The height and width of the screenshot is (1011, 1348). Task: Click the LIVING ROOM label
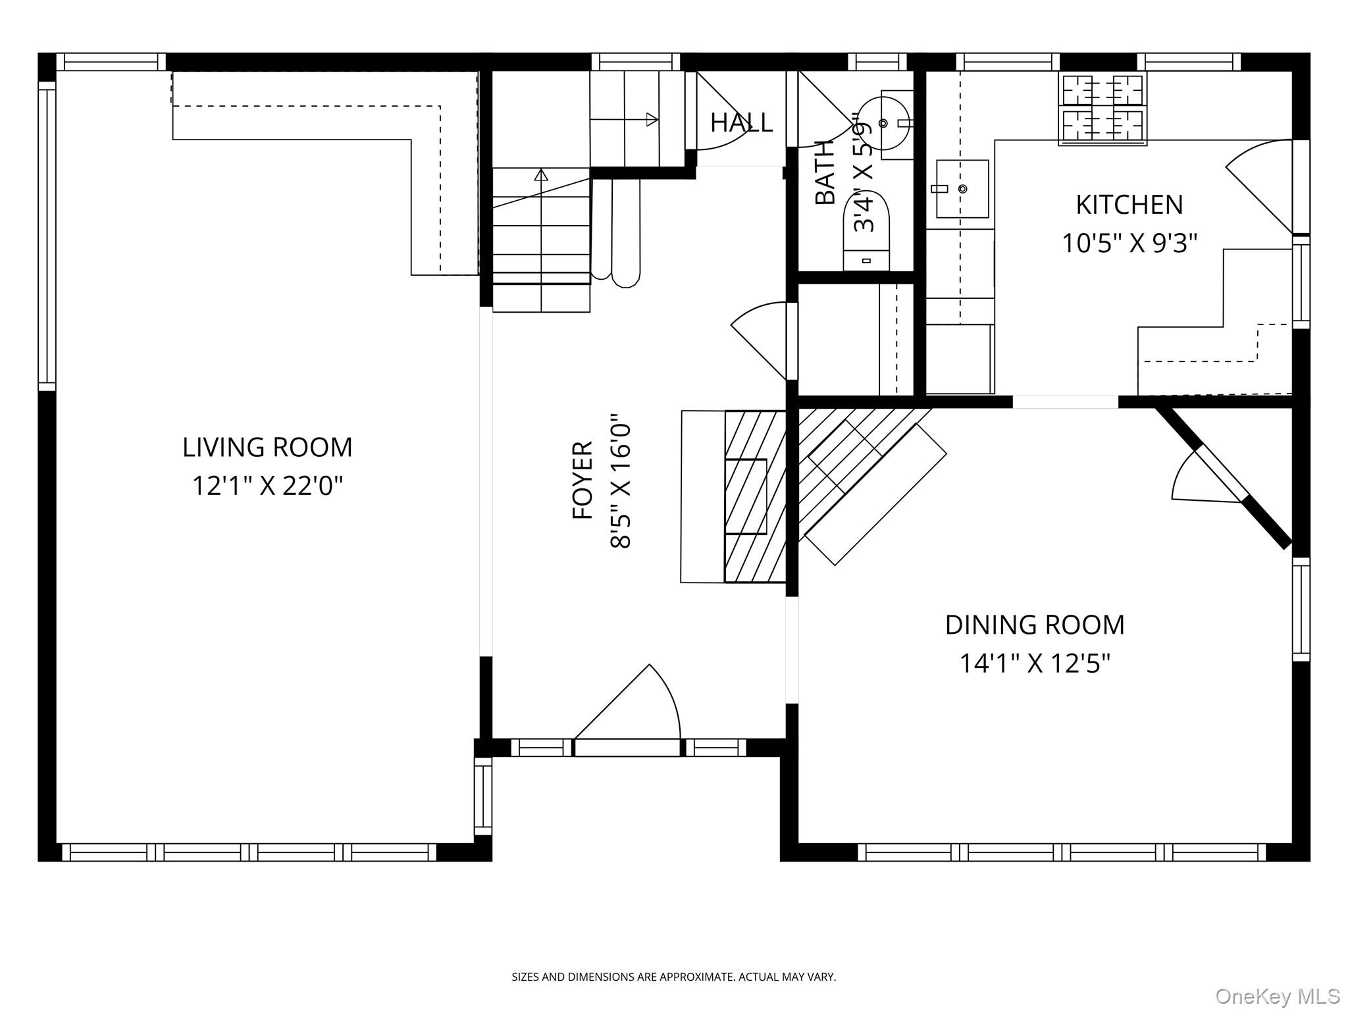point(267,448)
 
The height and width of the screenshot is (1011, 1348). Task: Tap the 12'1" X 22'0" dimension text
point(267,486)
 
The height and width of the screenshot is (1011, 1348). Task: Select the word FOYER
point(583,480)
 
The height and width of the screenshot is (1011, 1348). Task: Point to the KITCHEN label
point(1129,205)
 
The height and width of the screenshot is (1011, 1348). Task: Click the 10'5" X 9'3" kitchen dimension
point(1129,244)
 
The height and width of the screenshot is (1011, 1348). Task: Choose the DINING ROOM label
point(1035,625)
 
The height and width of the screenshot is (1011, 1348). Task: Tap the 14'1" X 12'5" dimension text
point(1035,663)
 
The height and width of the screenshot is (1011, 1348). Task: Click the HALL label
point(741,122)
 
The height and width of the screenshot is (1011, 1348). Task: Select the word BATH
point(825,173)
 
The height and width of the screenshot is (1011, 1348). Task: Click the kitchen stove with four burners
point(1102,109)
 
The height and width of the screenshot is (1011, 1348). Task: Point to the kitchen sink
point(962,189)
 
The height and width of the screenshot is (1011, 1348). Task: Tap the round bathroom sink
point(883,123)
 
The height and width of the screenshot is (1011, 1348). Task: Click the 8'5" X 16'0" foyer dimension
point(621,480)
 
